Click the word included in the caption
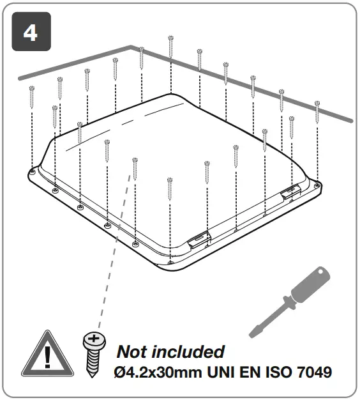pyautogui.click(x=190, y=351)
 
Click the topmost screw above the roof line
pyautogui.click(x=171, y=46)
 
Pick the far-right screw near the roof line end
pyautogui.click(x=317, y=112)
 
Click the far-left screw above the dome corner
pyautogui.click(x=31, y=96)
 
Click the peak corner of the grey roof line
pyautogui.click(x=133, y=47)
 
